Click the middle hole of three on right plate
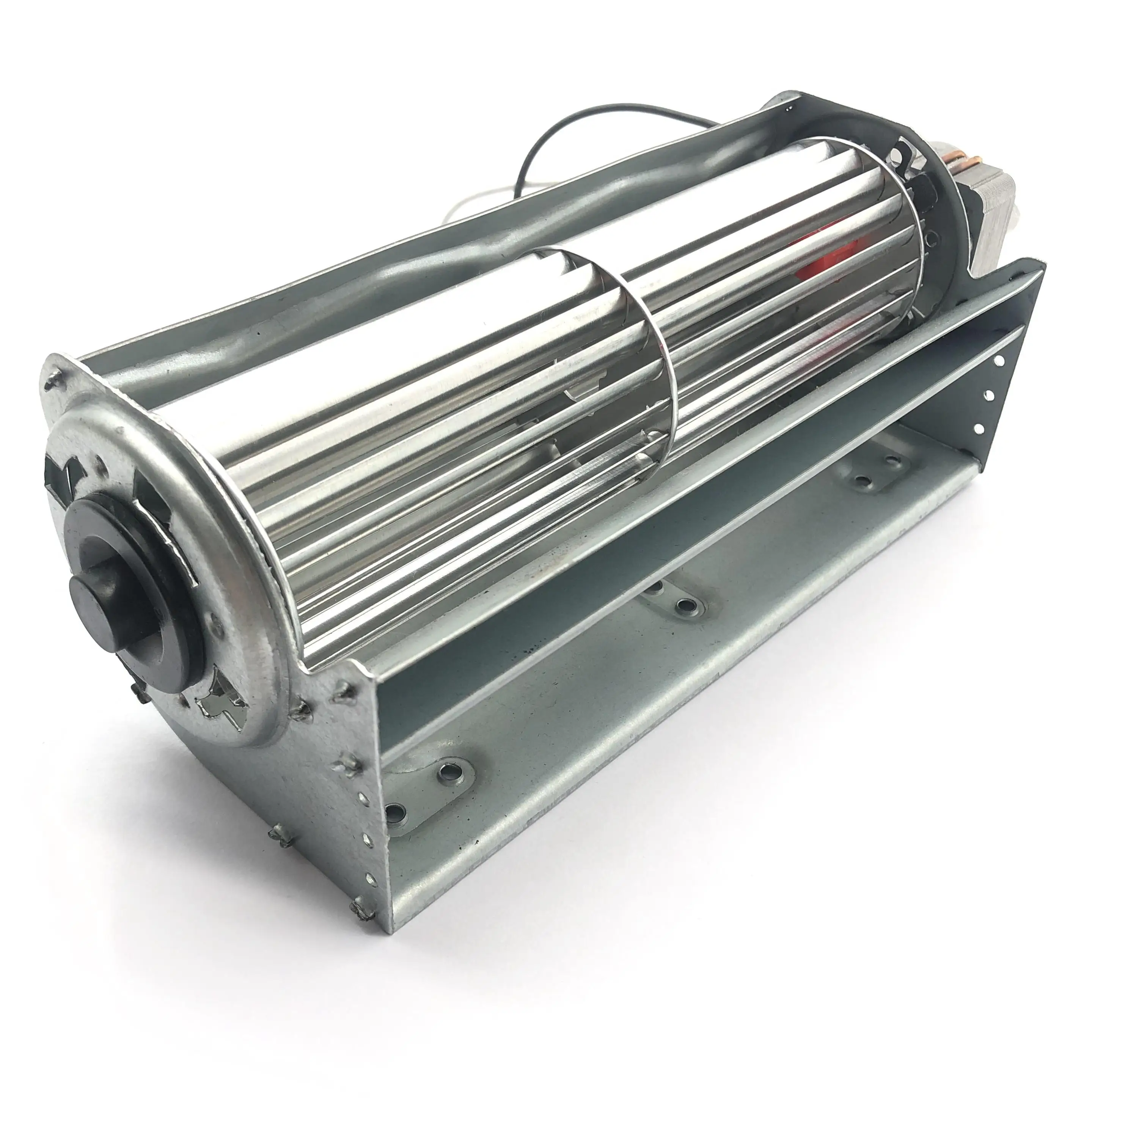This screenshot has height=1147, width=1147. pyautogui.click(x=990, y=394)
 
